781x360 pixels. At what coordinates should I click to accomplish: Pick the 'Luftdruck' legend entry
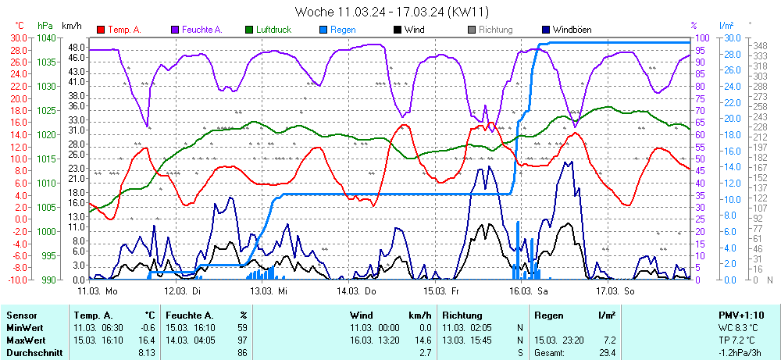click(274, 30)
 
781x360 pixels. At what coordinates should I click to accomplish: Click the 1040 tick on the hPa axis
click(46, 37)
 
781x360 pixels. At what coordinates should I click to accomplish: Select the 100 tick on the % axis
click(701, 37)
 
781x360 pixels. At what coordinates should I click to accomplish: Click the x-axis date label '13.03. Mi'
click(269, 290)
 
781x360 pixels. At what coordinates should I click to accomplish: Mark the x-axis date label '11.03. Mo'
click(97, 290)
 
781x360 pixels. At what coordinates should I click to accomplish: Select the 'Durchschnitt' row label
click(32, 353)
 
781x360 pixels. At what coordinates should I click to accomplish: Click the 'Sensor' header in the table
click(21, 315)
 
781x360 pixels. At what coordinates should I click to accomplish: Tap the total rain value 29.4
click(606, 353)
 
